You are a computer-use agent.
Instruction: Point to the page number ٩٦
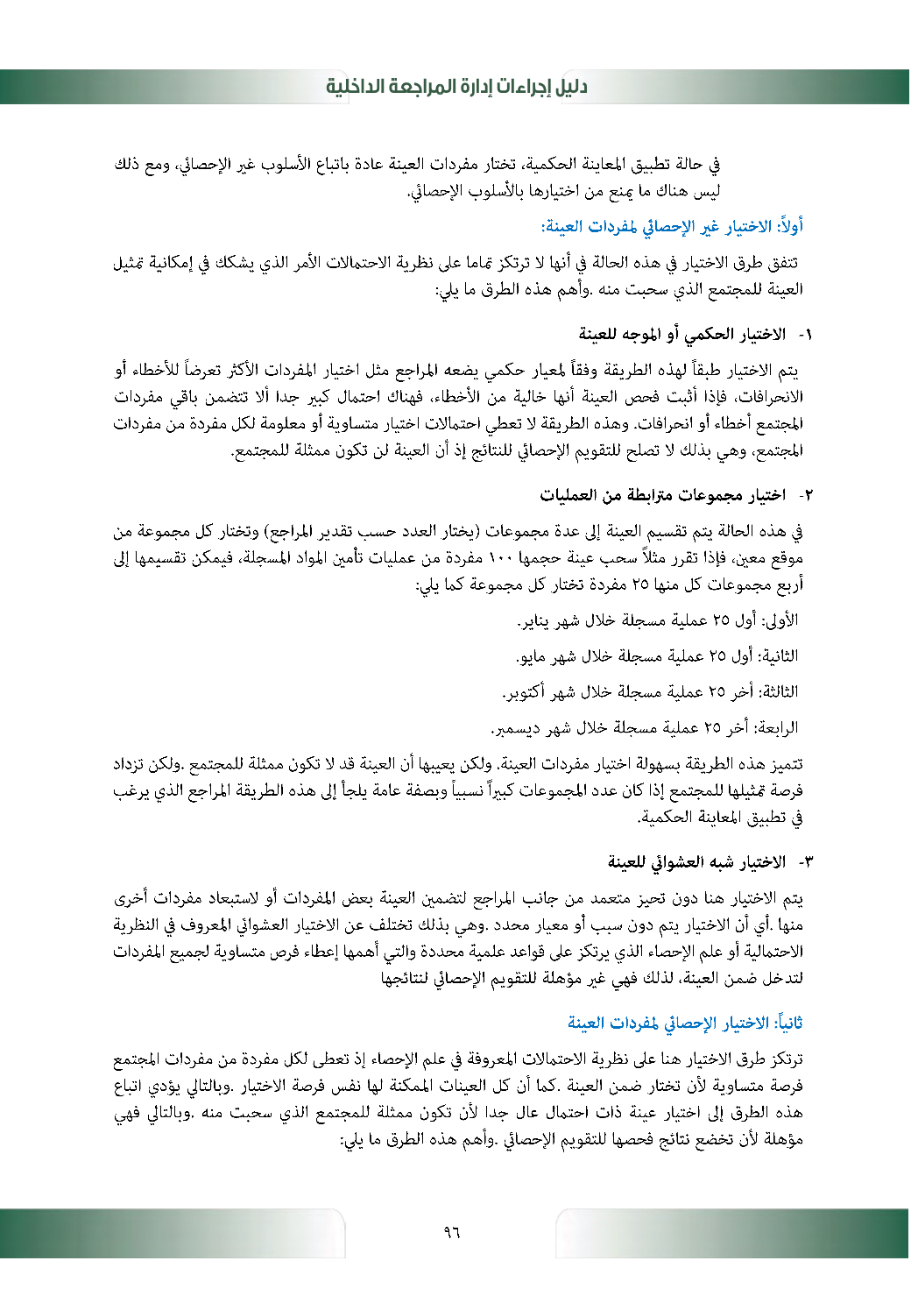452,1232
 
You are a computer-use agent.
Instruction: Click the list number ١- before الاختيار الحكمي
804,334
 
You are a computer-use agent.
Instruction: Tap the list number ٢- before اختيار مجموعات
804,496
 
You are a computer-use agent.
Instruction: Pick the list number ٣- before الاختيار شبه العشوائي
804,862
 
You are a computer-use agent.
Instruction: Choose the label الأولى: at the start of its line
782,621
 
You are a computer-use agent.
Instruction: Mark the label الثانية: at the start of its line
779,656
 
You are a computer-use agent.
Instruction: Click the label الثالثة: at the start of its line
779,692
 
